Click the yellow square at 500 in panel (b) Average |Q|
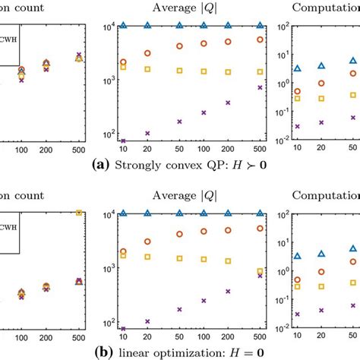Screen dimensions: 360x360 coord(260,271)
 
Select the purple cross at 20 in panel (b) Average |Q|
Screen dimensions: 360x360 coord(147,321)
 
